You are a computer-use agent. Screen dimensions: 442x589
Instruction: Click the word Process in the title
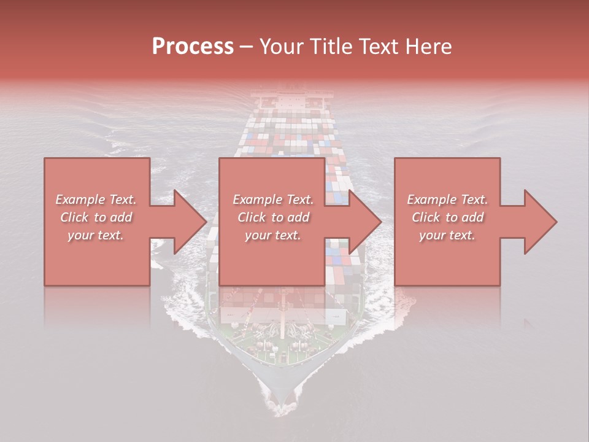193,47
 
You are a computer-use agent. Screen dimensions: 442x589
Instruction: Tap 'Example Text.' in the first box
96,200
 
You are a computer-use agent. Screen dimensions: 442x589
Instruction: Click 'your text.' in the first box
96,235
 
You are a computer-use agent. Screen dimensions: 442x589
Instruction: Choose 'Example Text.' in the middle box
273,200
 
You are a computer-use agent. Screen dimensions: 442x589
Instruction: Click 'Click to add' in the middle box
273,217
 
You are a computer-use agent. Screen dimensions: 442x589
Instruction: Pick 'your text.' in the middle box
273,235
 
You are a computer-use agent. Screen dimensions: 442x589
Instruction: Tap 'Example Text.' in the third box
447,200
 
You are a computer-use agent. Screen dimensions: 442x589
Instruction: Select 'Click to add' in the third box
447,217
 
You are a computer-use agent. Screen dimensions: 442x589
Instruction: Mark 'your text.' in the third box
447,235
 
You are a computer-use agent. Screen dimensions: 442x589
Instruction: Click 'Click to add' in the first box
96,217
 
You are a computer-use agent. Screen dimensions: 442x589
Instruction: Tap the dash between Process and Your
247,47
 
